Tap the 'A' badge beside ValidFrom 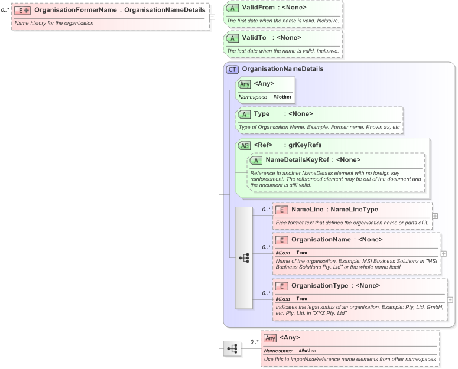click(x=232, y=8)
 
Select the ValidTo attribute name click(x=255, y=38)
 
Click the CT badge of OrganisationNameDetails click(x=232, y=69)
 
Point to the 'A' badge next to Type click(x=243, y=114)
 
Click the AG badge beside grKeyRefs click(x=243, y=145)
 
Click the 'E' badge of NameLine click(x=282, y=210)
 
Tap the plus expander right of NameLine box click(x=435, y=215)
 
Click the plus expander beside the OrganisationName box click(x=444, y=253)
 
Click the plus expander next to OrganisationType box click(x=450, y=299)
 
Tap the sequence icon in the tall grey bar click(x=244, y=258)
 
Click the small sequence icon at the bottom click(x=232, y=348)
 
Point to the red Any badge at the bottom click(x=270, y=338)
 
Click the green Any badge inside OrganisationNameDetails click(x=244, y=84)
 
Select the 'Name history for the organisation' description click(x=54, y=23)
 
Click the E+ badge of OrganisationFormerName click(x=22, y=10)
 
